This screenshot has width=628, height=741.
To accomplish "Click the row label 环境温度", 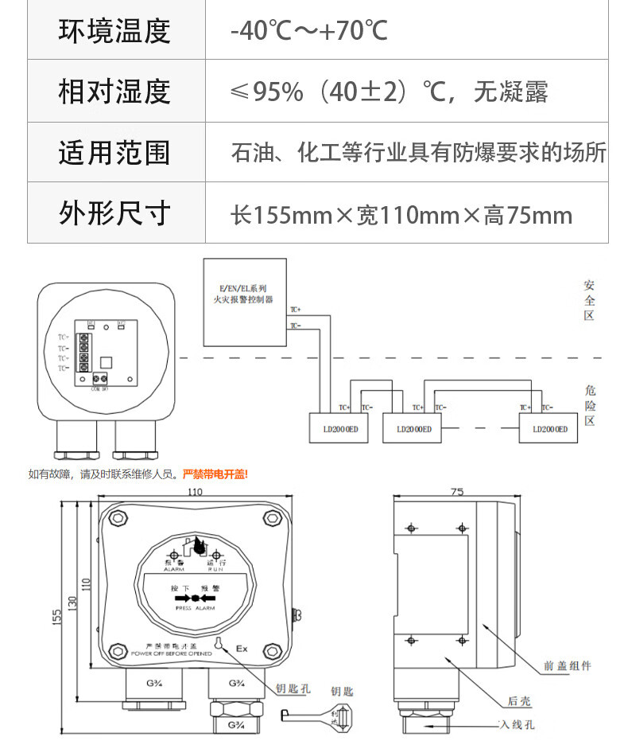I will [x=114, y=31].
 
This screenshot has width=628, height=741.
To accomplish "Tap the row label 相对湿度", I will [x=114, y=92].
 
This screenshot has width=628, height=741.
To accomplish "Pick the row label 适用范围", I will [x=114, y=152].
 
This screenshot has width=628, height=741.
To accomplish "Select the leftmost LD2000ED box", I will [x=338, y=428].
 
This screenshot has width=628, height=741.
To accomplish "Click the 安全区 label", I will [x=589, y=300].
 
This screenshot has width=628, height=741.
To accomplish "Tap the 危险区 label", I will [x=589, y=404].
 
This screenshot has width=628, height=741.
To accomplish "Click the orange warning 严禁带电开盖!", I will [x=215, y=474].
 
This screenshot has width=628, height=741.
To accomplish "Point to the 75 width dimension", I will [x=456, y=493].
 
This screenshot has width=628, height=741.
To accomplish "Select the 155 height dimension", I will [x=57, y=617].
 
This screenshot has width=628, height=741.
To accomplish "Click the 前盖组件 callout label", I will [x=568, y=665].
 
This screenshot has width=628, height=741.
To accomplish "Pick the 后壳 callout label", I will [x=519, y=700].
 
